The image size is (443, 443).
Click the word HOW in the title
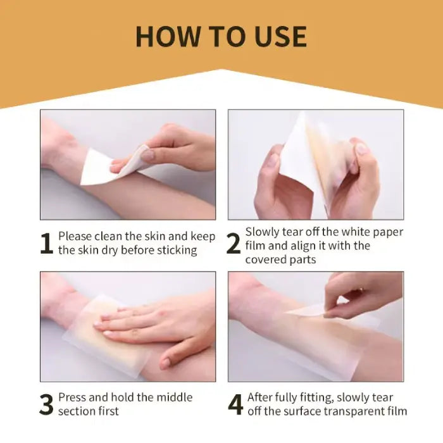pos(163,36)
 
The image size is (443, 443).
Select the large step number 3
pos(46,405)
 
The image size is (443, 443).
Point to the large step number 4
pos(235,405)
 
